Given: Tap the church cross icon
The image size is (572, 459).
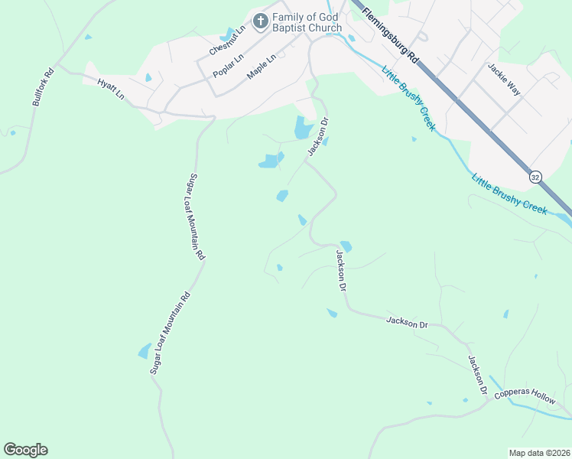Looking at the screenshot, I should (x=261, y=21).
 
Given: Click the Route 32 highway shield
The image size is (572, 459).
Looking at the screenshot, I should (x=535, y=176).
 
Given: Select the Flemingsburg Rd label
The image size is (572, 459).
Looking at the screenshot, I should (x=390, y=36).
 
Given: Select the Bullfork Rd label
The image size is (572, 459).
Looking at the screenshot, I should (x=43, y=88).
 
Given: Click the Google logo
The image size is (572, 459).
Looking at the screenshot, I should (x=25, y=450).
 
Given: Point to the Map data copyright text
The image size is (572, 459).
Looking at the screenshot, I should (x=540, y=453).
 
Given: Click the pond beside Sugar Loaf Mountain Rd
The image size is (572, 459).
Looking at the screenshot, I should (x=144, y=352).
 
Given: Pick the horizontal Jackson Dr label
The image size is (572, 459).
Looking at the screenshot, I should (x=407, y=322).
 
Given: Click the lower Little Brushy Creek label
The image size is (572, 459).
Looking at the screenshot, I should (x=509, y=194).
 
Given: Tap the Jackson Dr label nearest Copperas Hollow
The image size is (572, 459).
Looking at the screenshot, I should (x=478, y=375).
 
